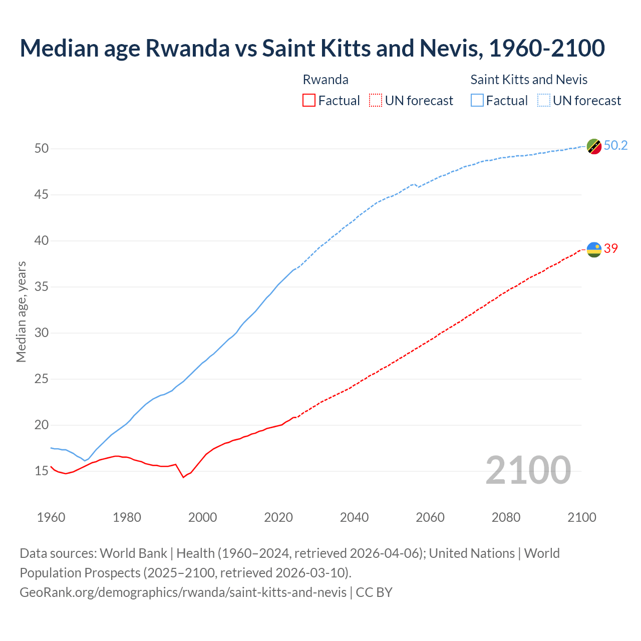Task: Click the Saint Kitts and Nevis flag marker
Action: click(x=594, y=146)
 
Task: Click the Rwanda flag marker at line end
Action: click(x=594, y=249)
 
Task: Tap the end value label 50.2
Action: click(x=615, y=146)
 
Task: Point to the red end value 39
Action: click(x=610, y=248)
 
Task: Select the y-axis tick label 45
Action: click(x=42, y=194)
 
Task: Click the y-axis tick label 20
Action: click(x=42, y=425)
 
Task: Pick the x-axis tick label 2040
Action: click(x=354, y=517)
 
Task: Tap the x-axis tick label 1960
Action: click(x=51, y=517)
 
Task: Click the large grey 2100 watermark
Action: click(x=528, y=470)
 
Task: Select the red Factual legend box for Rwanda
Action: click(x=309, y=100)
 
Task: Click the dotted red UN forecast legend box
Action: click(x=376, y=100)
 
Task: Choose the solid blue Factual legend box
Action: click(x=477, y=100)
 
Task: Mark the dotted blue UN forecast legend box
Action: click(x=543, y=100)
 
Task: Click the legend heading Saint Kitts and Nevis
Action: click(x=529, y=80)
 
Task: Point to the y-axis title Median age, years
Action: click(x=21, y=311)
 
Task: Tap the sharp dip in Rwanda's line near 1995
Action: click(x=183, y=477)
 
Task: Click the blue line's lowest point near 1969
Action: click(x=85, y=460)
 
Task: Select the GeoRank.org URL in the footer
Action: click(x=183, y=592)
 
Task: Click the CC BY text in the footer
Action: click(x=374, y=592)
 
